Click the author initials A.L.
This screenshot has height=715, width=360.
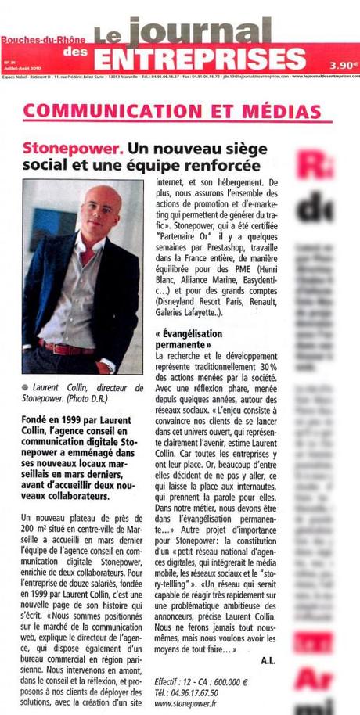(268, 661)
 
